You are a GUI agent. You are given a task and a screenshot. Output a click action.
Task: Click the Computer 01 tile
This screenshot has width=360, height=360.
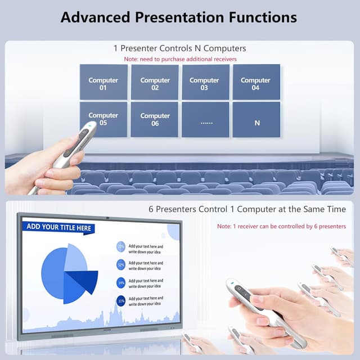(x=103, y=83)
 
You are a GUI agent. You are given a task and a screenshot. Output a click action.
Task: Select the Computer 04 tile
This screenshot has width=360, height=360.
(x=256, y=83)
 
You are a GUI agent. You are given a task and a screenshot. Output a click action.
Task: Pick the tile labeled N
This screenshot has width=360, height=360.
(x=256, y=120)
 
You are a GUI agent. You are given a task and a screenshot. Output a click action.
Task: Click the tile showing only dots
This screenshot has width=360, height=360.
(x=205, y=120)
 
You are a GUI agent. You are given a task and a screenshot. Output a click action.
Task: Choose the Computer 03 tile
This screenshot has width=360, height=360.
(x=205, y=83)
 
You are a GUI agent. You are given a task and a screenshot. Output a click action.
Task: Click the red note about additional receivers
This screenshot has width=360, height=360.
(x=179, y=59)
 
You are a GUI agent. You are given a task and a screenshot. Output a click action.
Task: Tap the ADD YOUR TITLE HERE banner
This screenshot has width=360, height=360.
(x=58, y=227)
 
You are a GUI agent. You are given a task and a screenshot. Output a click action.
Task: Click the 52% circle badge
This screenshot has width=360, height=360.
(x=121, y=264)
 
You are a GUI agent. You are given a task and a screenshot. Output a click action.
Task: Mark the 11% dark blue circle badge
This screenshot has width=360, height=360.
(x=121, y=300)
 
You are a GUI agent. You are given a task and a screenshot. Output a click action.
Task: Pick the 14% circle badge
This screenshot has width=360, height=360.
(x=121, y=282)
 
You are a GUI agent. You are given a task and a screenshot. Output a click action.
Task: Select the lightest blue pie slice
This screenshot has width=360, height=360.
(x=75, y=259)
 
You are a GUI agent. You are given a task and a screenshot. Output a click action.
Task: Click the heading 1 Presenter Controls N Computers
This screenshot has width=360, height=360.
(x=179, y=48)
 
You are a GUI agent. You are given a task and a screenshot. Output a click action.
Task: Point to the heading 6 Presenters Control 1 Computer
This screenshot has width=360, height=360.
(x=247, y=209)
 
